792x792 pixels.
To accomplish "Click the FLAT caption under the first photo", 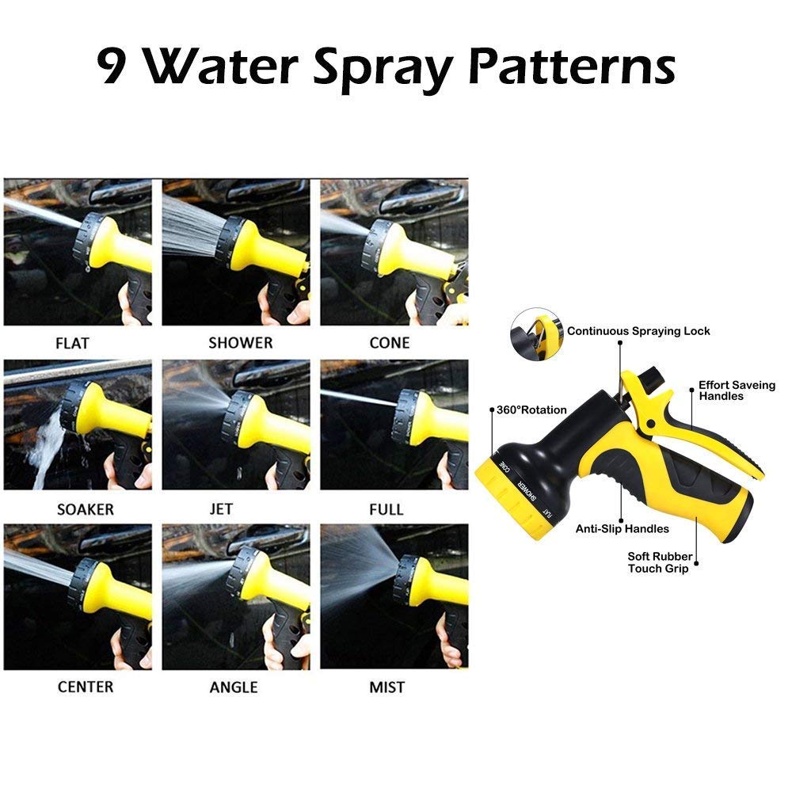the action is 72,344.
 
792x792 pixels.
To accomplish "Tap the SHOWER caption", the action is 241,343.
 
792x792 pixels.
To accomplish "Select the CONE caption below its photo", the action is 390,343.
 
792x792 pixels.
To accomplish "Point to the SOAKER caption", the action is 86,509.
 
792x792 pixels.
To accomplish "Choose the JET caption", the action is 221,509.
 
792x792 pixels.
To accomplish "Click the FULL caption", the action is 386,509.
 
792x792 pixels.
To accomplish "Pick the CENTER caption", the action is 86,687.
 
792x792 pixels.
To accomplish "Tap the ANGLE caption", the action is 234,687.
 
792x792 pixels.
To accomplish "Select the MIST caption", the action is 387,687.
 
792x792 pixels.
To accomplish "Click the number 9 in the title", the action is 111,66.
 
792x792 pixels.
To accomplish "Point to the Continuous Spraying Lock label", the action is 638,331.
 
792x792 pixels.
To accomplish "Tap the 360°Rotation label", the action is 531,410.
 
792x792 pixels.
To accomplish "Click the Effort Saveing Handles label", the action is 737,390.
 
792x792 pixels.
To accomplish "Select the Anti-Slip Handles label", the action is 623,529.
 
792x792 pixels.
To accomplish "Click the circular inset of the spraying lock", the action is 536,334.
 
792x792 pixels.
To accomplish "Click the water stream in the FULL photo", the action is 358,398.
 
